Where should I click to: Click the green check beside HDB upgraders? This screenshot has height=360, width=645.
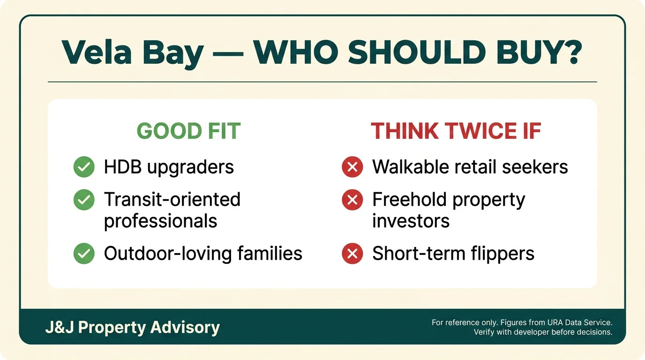coord(84,167)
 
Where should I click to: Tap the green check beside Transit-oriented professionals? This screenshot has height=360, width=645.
coord(84,200)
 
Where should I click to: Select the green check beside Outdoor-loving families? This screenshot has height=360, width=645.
coord(84,254)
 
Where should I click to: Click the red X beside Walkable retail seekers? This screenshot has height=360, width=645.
coord(352,167)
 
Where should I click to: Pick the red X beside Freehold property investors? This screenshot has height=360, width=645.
coord(352,200)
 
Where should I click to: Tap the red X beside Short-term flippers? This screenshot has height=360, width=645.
coord(352,254)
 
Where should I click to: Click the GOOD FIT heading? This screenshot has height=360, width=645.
coord(188,131)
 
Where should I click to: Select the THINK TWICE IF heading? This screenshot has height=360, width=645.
coord(456,131)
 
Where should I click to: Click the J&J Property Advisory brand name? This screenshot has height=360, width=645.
coord(132,327)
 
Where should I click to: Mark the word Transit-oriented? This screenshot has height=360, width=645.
coord(172,200)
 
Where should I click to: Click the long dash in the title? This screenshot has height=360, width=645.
coord(228,52)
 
